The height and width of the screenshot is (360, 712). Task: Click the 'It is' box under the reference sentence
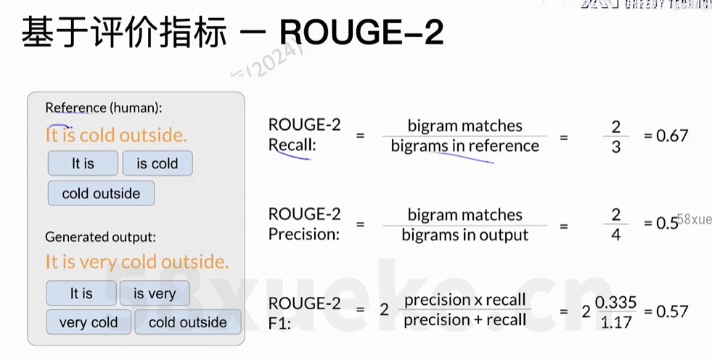[x=83, y=163]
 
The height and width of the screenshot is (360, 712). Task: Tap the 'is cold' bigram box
[x=157, y=163]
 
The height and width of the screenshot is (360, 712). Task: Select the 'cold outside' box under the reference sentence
[x=101, y=193]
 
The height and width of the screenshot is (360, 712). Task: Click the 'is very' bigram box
[x=154, y=293]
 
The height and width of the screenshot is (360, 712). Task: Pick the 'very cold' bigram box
[x=89, y=322]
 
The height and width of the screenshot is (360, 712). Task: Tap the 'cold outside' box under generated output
[x=187, y=322]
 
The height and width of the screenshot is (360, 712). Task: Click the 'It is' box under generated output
[x=81, y=293]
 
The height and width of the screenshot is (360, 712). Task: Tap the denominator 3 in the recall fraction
[x=615, y=147]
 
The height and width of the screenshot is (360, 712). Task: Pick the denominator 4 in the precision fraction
[x=615, y=234]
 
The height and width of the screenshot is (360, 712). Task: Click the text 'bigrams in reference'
[x=465, y=146]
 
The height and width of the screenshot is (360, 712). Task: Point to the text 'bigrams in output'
[x=465, y=234]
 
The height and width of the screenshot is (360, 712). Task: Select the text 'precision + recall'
[x=465, y=320]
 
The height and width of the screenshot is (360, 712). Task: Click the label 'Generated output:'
[x=100, y=237]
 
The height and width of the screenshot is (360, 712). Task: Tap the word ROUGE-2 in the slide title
[x=361, y=33]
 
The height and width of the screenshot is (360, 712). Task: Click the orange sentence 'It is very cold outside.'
[x=136, y=261]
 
